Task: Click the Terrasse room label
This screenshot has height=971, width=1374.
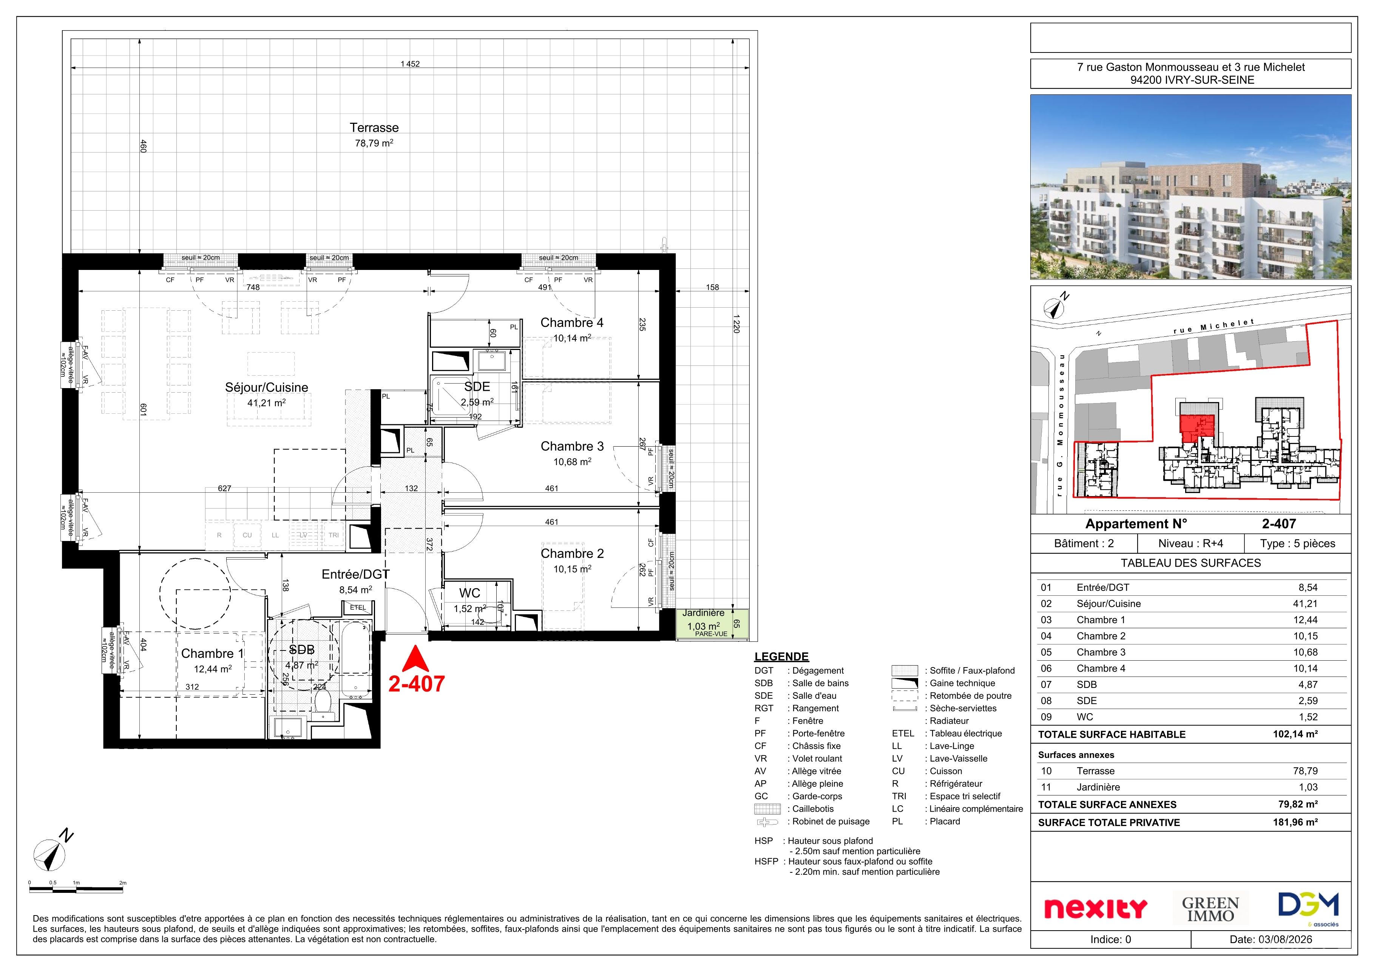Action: coord(374,128)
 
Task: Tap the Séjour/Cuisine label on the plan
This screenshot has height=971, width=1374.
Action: coord(266,387)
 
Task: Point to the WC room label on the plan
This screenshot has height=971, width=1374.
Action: coord(470,593)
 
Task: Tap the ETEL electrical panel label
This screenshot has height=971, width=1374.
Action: coord(358,607)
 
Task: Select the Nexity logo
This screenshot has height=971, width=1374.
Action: coord(1095,909)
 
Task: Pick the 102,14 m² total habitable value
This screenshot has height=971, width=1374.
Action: coord(1295,734)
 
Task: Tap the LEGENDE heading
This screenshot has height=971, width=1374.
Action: coord(781,656)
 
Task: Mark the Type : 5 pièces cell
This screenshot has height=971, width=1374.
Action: coord(1297,543)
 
